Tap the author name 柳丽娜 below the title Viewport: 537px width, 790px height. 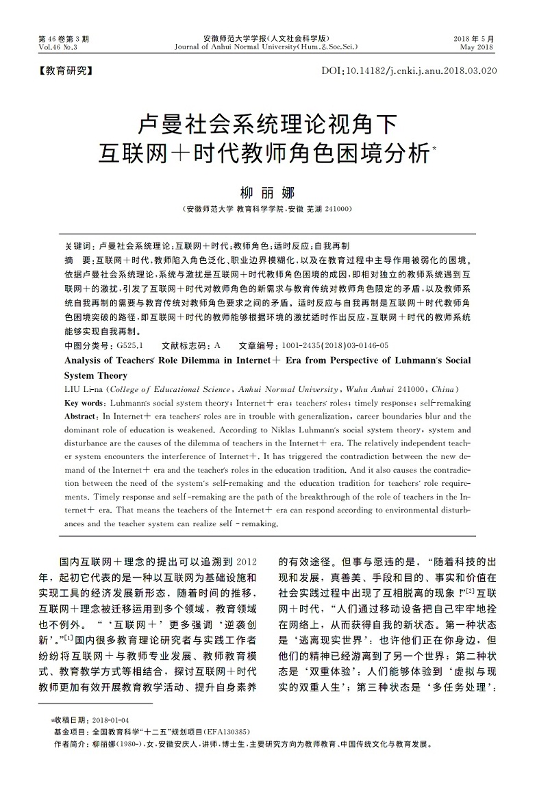coord(268,192)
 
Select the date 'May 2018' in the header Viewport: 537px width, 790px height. coord(477,47)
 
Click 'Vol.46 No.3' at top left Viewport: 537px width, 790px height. coord(58,47)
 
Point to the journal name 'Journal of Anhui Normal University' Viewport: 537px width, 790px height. coord(242,47)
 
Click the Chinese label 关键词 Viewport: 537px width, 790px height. coord(77,245)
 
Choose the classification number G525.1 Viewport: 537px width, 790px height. coord(129,346)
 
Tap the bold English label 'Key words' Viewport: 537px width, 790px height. coord(84,403)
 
